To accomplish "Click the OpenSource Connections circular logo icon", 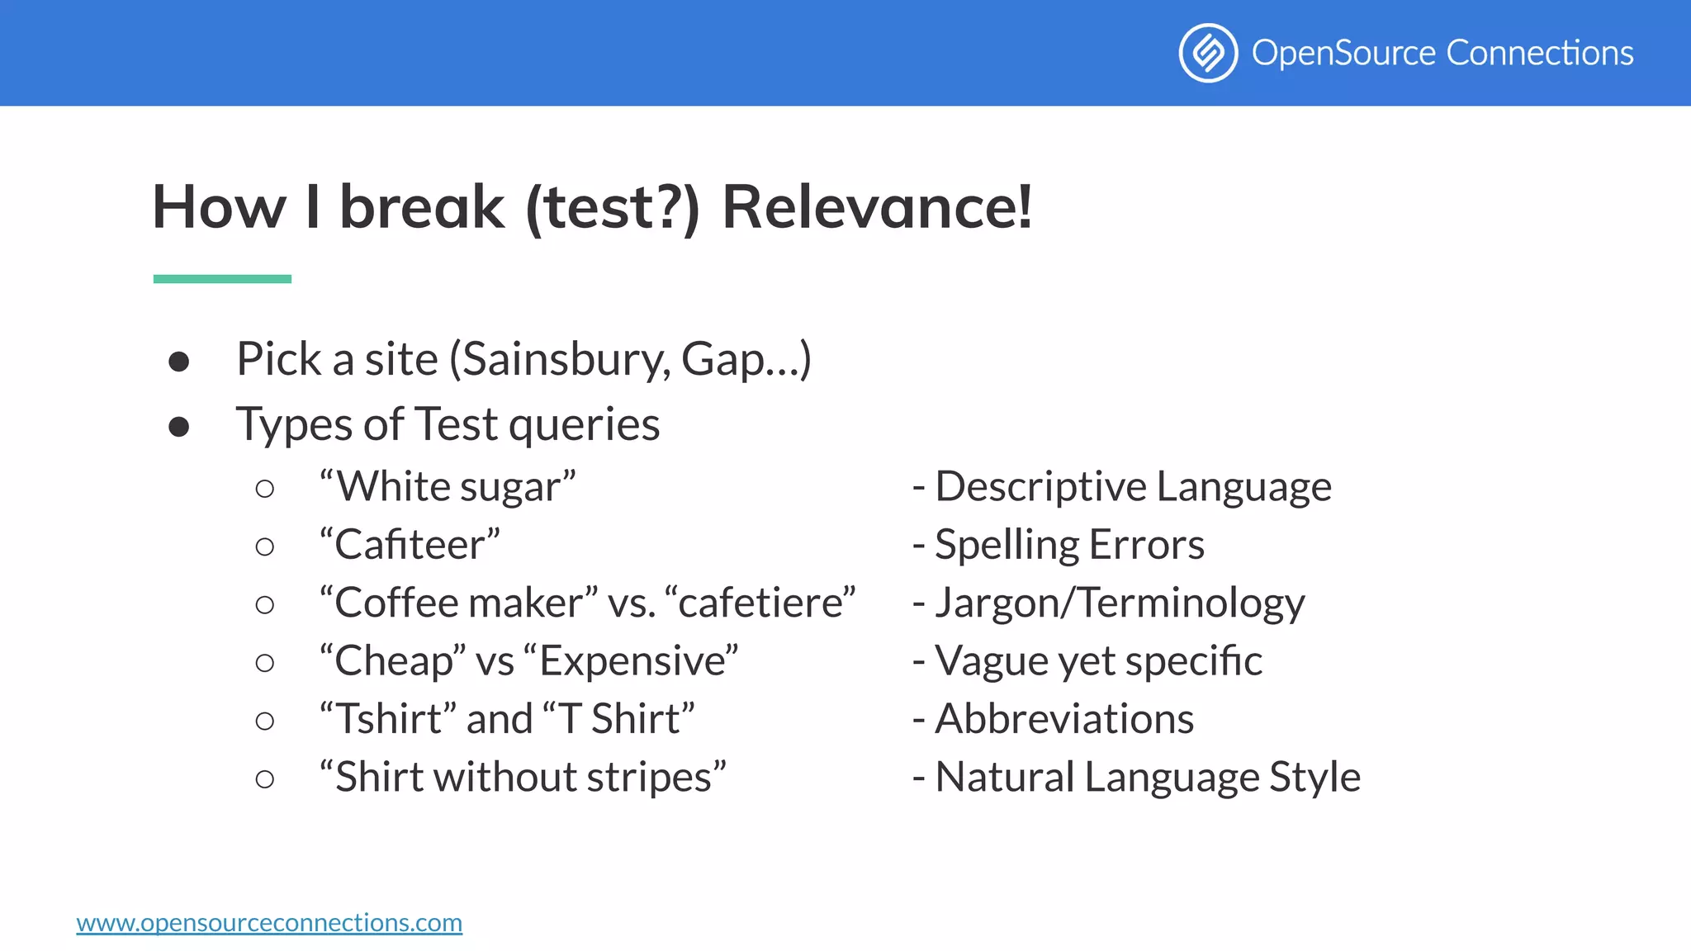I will click(x=1208, y=53).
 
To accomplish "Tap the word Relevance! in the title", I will click(x=877, y=206).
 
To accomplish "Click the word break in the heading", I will click(x=421, y=206).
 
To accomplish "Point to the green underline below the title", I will click(x=222, y=279).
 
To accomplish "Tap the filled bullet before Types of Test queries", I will click(x=179, y=427).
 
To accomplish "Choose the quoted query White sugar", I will click(x=448, y=487).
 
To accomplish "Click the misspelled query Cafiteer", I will click(x=410, y=545).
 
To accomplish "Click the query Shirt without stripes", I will click(x=523, y=778).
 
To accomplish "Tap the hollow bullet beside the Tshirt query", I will click(x=265, y=721).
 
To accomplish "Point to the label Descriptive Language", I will click(x=1132, y=487).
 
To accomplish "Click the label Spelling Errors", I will click(x=1068, y=545).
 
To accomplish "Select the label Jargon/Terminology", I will click(x=1119, y=603).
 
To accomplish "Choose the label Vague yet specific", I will click(x=1097, y=661).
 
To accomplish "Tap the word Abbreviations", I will click(x=1063, y=719).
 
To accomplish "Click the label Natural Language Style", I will click(x=1147, y=778).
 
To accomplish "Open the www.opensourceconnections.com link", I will click(x=269, y=922).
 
